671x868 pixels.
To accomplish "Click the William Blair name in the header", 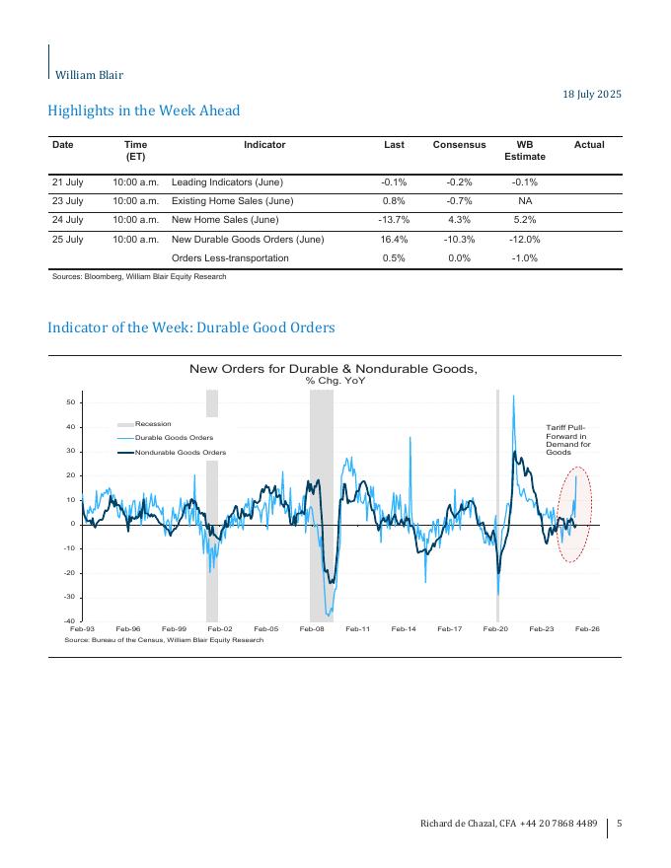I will tap(89, 75).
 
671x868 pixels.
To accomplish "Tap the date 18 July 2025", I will tap(592, 95).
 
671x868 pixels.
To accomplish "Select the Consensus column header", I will tap(459, 145).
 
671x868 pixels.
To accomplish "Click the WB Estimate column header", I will tap(524, 150).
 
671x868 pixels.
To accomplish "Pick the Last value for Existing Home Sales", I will tap(394, 201).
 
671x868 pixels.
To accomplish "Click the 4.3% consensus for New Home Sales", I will tap(459, 220).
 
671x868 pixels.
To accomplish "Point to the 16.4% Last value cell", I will tap(394, 240).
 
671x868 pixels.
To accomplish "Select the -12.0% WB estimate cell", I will tap(524, 240).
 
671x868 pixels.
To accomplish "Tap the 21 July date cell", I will tap(68, 182).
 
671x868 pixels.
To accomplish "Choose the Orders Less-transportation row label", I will tap(230, 258).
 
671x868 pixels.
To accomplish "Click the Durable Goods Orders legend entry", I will tap(174, 437).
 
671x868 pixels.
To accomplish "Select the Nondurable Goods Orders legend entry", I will tap(180, 453).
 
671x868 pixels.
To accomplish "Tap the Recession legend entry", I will tap(153, 423).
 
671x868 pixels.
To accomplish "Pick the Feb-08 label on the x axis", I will tap(312, 628).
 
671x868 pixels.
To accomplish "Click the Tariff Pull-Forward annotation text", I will tap(567, 439).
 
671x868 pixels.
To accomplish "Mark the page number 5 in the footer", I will tap(619, 823).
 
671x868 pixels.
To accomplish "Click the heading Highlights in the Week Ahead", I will tap(144, 110).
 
